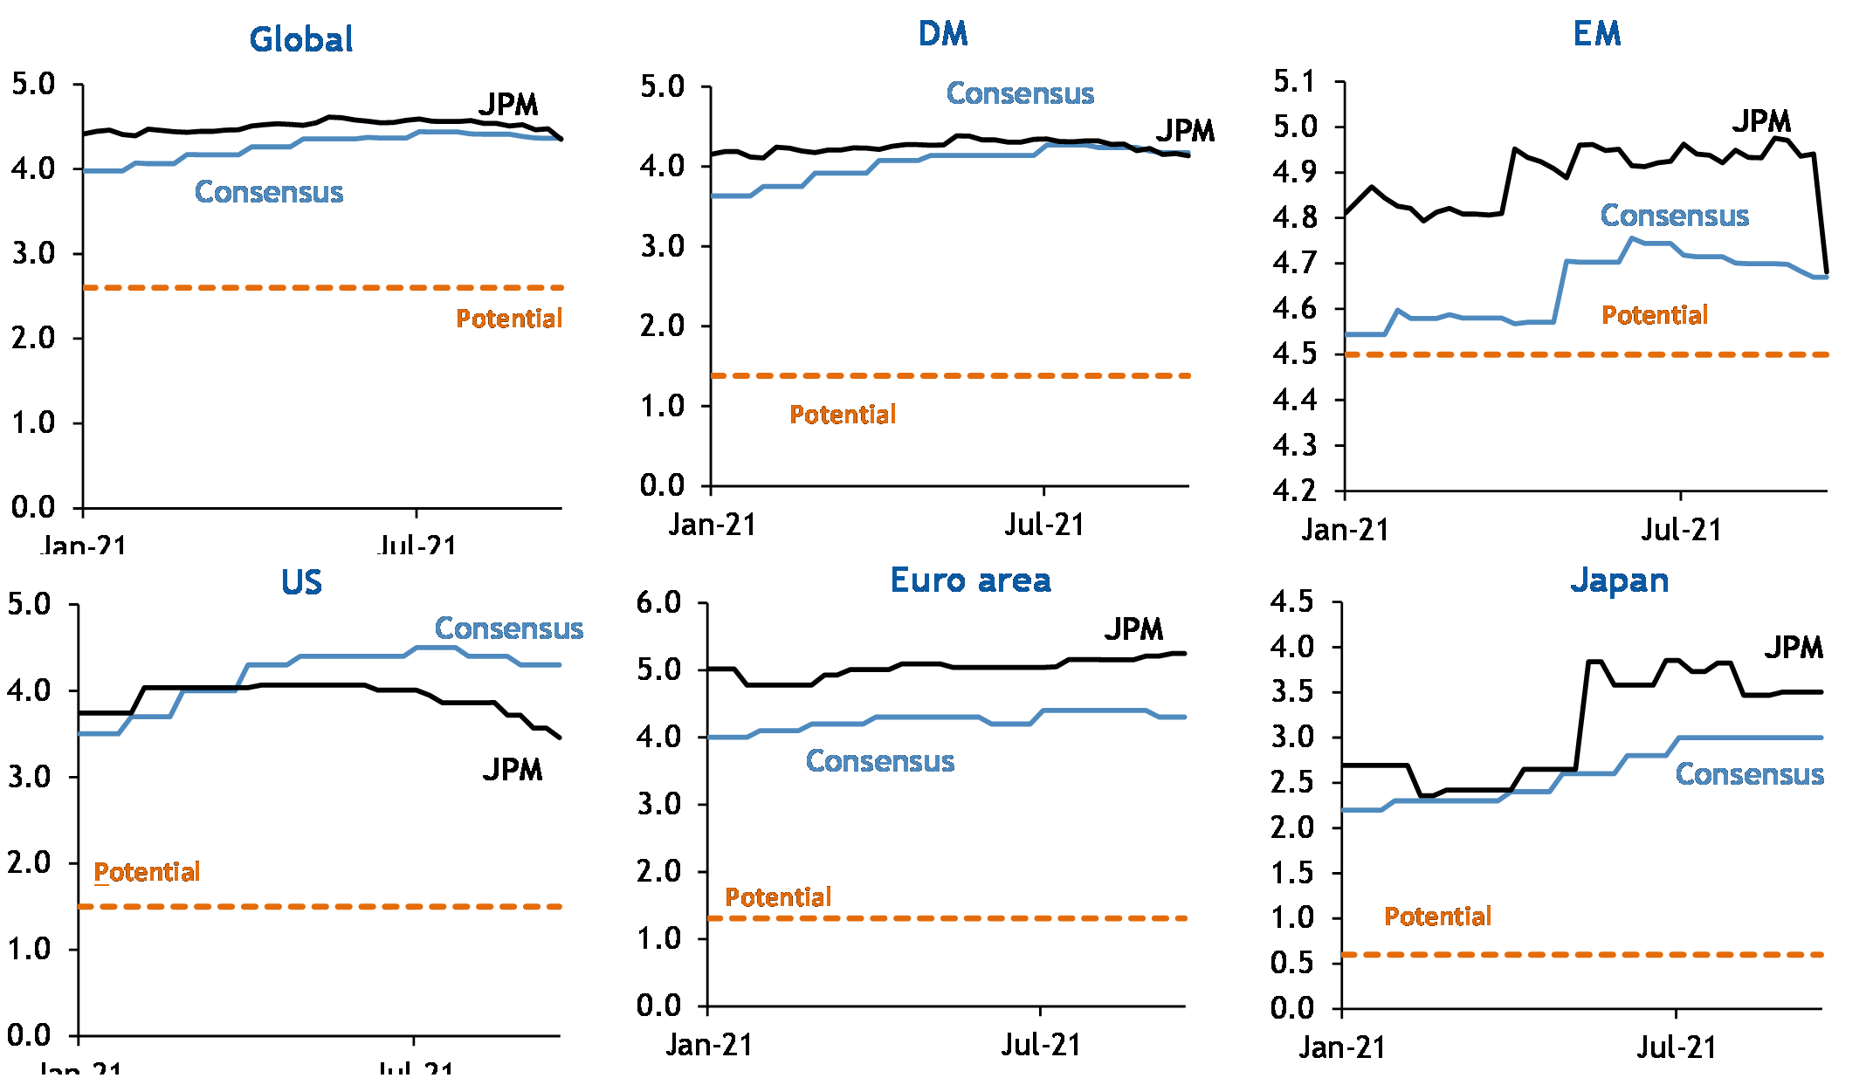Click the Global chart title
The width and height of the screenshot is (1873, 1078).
[x=301, y=39]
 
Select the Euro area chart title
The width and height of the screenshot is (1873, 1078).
[x=970, y=580]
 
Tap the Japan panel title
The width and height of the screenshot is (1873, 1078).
[x=1620, y=580]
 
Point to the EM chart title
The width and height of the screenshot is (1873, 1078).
[x=1597, y=34]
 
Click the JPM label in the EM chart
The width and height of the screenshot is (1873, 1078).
[x=1761, y=120]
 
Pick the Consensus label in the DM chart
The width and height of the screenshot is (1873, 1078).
[x=1020, y=93]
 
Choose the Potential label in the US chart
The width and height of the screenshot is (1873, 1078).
[x=147, y=872]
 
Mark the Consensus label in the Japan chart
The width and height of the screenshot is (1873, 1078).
[x=1749, y=774]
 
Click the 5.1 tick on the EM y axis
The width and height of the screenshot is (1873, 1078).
[x=1294, y=82]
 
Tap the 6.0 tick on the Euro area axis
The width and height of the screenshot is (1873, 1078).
[x=658, y=602]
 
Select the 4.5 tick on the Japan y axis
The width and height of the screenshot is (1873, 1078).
[x=1291, y=601]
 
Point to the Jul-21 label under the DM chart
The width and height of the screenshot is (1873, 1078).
[x=1043, y=525]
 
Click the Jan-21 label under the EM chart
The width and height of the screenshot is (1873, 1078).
[x=1345, y=530]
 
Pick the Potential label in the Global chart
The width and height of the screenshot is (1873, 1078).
[x=509, y=319]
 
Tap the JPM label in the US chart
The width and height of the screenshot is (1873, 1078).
[x=513, y=769]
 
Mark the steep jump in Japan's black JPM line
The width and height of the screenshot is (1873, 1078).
[x=1582, y=716]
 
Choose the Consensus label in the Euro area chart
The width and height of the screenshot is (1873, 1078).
[x=879, y=761]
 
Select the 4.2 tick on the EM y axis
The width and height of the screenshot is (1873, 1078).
[x=1294, y=491]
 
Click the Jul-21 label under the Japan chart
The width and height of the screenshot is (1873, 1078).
[x=1676, y=1047]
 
